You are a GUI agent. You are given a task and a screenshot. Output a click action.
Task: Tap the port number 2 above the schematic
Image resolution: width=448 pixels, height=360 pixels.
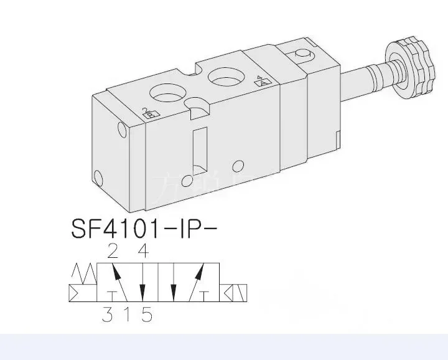[112, 252]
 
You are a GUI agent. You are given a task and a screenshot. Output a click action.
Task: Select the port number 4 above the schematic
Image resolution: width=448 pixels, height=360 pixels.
[143, 252]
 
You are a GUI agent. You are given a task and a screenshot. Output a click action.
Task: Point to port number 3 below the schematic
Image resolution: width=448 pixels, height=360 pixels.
[108, 315]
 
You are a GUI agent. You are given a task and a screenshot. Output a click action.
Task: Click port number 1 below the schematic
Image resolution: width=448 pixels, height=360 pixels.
[128, 315]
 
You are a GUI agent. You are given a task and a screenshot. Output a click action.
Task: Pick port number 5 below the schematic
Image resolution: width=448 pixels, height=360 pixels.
[147, 315]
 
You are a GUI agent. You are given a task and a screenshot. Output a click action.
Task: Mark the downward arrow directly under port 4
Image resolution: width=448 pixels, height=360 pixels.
[143, 283]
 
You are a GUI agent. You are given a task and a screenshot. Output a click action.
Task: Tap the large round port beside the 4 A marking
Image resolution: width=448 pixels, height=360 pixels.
[225, 78]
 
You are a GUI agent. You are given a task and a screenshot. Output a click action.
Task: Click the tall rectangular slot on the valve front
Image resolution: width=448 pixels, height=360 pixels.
[199, 151]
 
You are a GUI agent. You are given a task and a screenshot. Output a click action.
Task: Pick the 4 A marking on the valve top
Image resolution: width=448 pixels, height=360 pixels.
[263, 80]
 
